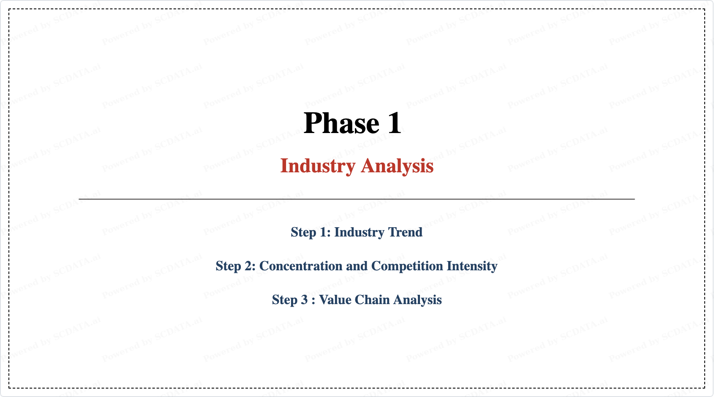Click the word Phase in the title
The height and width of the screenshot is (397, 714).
(341, 123)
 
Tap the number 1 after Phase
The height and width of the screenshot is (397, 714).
(395, 123)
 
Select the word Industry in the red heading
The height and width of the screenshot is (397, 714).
(318, 166)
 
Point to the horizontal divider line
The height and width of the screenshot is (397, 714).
(357, 199)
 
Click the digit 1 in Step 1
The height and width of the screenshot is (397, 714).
(324, 232)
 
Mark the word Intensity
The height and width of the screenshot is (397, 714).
(472, 266)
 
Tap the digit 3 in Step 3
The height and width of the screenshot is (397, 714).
(305, 299)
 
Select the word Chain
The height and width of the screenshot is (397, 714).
(372, 299)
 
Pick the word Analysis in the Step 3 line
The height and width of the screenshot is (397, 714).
(417, 300)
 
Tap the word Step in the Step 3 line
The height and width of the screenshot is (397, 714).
(285, 300)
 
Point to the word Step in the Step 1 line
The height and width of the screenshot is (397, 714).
(303, 232)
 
